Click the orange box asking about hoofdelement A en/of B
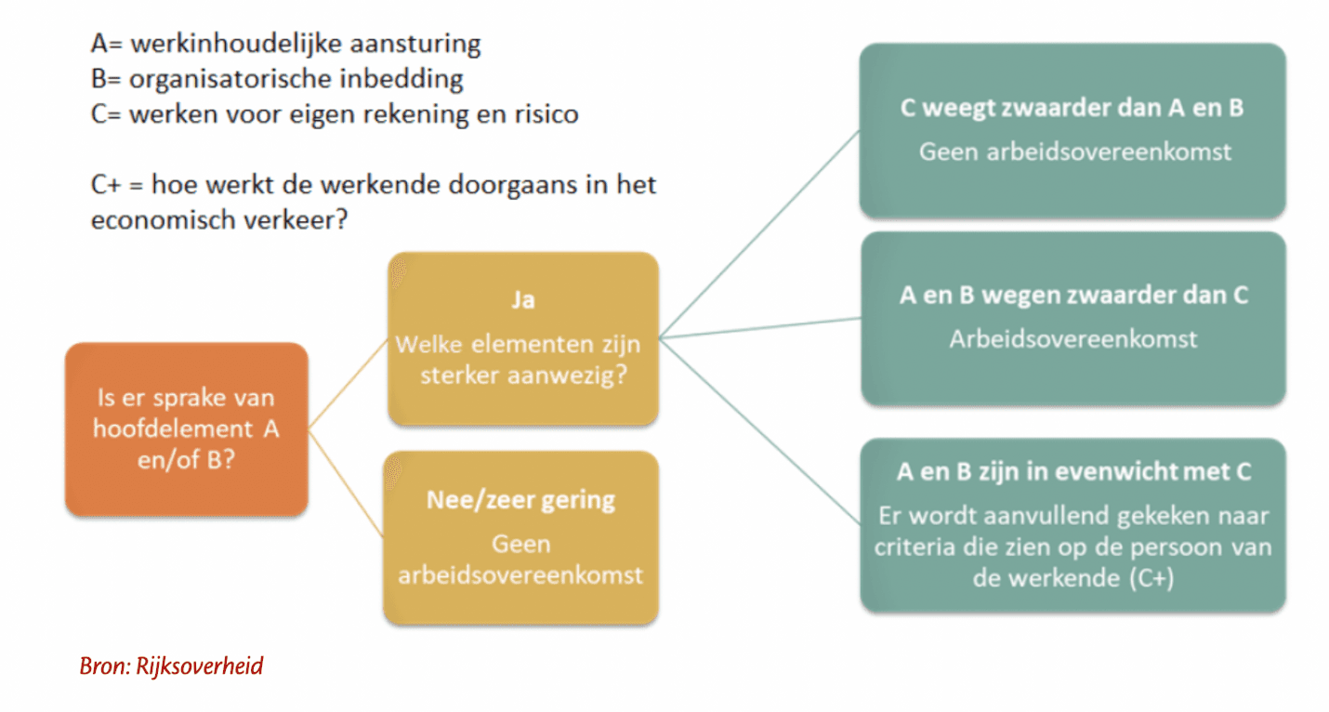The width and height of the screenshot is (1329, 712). click(x=186, y=429)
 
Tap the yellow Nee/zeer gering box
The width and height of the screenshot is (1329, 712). click(x=520, y=536)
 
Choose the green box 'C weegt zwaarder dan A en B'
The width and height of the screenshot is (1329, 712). click(x=1072, y=130)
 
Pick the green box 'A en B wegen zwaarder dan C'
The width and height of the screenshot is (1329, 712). click(x=1072, y=318)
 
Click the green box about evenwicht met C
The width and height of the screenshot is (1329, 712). click(x=1072, y=525)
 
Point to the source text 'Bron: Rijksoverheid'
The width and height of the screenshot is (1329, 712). click(x=172, y=666)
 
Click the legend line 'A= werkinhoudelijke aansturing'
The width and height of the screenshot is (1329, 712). click(x=285, y=43)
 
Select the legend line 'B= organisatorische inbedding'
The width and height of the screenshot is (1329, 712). click(x=277, y=78)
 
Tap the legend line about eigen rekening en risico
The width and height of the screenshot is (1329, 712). click(x=335, y=114)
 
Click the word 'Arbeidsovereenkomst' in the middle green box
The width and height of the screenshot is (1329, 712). click(x=1072, y=338)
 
